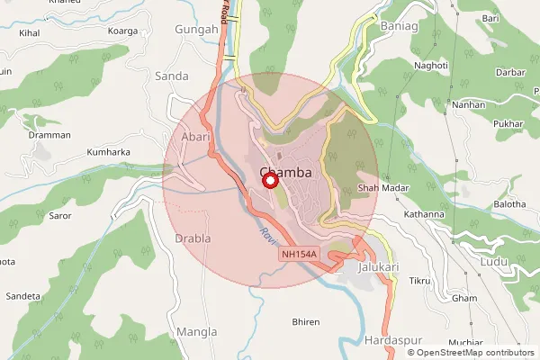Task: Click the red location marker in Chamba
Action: [268, 181]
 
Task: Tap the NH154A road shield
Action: [299, 255]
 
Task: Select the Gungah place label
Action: [198, 30]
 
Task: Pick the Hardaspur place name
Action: [389, 340]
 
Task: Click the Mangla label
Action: [196, 331]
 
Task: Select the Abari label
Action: [195, 137]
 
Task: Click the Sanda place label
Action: [171, 75]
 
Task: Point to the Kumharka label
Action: [108, 153]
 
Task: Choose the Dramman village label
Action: [49, 135]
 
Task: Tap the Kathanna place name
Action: [424, 214]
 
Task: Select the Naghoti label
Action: [430, 66]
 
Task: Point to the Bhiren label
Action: [306, 321]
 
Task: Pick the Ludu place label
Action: [494, 261]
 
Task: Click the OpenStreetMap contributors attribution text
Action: [471, 352]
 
